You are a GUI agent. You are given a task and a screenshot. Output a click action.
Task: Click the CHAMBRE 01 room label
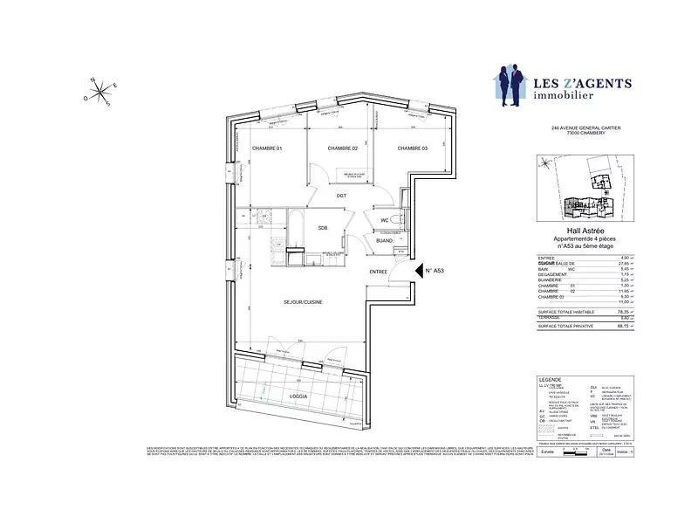267,148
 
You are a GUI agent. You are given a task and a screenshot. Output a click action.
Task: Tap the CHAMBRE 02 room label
343,148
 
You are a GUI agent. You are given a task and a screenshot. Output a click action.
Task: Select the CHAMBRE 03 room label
413,148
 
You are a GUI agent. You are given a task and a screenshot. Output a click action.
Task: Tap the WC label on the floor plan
384,220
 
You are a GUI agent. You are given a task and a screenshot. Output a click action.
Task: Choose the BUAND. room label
384,239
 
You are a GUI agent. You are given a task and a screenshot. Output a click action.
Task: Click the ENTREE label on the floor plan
378,272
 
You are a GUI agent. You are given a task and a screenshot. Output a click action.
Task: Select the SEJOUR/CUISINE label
304,302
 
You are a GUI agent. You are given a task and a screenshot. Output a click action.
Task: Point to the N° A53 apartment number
435,272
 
